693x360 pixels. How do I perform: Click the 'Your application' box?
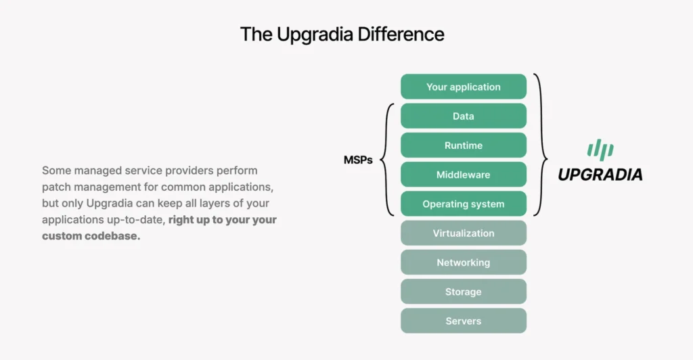[x=463, y=87]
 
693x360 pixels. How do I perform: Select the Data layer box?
[x=463, y=116]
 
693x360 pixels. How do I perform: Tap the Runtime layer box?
[x=463, y=145]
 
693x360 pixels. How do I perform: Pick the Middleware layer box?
[x=463, y=175]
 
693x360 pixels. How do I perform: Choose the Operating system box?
[x=463, y=204]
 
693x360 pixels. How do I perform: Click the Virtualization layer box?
[x=463, y=233]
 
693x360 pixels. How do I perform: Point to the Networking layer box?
[x=463, y=263]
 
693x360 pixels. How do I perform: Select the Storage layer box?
[x=463, y=292]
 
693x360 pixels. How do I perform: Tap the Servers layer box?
[x=463, y=321]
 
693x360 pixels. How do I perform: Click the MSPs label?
[x=358, y=160]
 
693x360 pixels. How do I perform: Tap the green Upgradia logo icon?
[x=600, y=150]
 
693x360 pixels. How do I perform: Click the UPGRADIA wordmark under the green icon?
[x=600, y=175]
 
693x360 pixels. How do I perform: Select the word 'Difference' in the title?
[x=401, y=34]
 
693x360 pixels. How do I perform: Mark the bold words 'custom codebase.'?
[x=91, y=236]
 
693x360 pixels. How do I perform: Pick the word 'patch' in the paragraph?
[x=56, y=187]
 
